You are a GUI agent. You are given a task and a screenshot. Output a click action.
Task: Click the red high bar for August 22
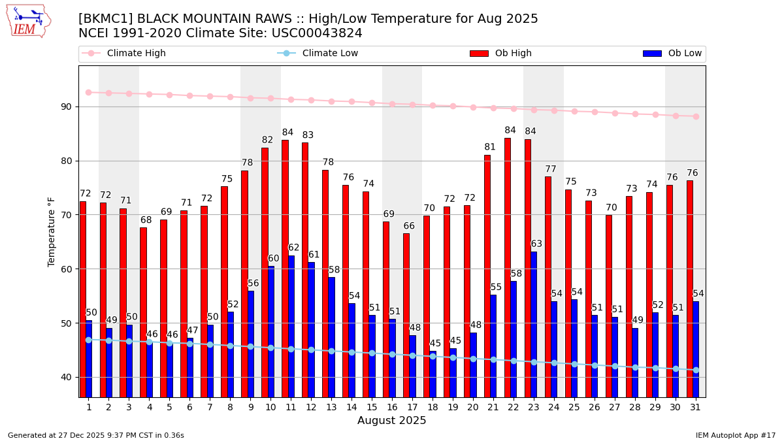coord(508,267)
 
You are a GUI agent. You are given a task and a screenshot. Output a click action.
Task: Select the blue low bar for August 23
coord(534,324)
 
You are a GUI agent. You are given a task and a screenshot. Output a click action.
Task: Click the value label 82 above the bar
coord(267,140)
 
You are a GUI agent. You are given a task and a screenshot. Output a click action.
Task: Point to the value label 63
coord(536,244)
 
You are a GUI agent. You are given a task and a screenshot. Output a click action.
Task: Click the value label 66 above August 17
coord(408,226)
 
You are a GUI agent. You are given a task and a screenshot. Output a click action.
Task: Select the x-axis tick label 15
coord(371,407)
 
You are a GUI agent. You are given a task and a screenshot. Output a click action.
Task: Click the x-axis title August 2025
coord(391,421)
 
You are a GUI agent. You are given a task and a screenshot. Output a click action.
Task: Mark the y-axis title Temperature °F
coord(52,231)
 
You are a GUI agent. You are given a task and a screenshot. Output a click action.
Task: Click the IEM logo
coord(28,21)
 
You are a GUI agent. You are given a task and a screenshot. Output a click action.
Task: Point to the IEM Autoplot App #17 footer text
coord(735,435)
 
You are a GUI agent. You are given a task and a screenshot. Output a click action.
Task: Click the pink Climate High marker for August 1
coord(89,92)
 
